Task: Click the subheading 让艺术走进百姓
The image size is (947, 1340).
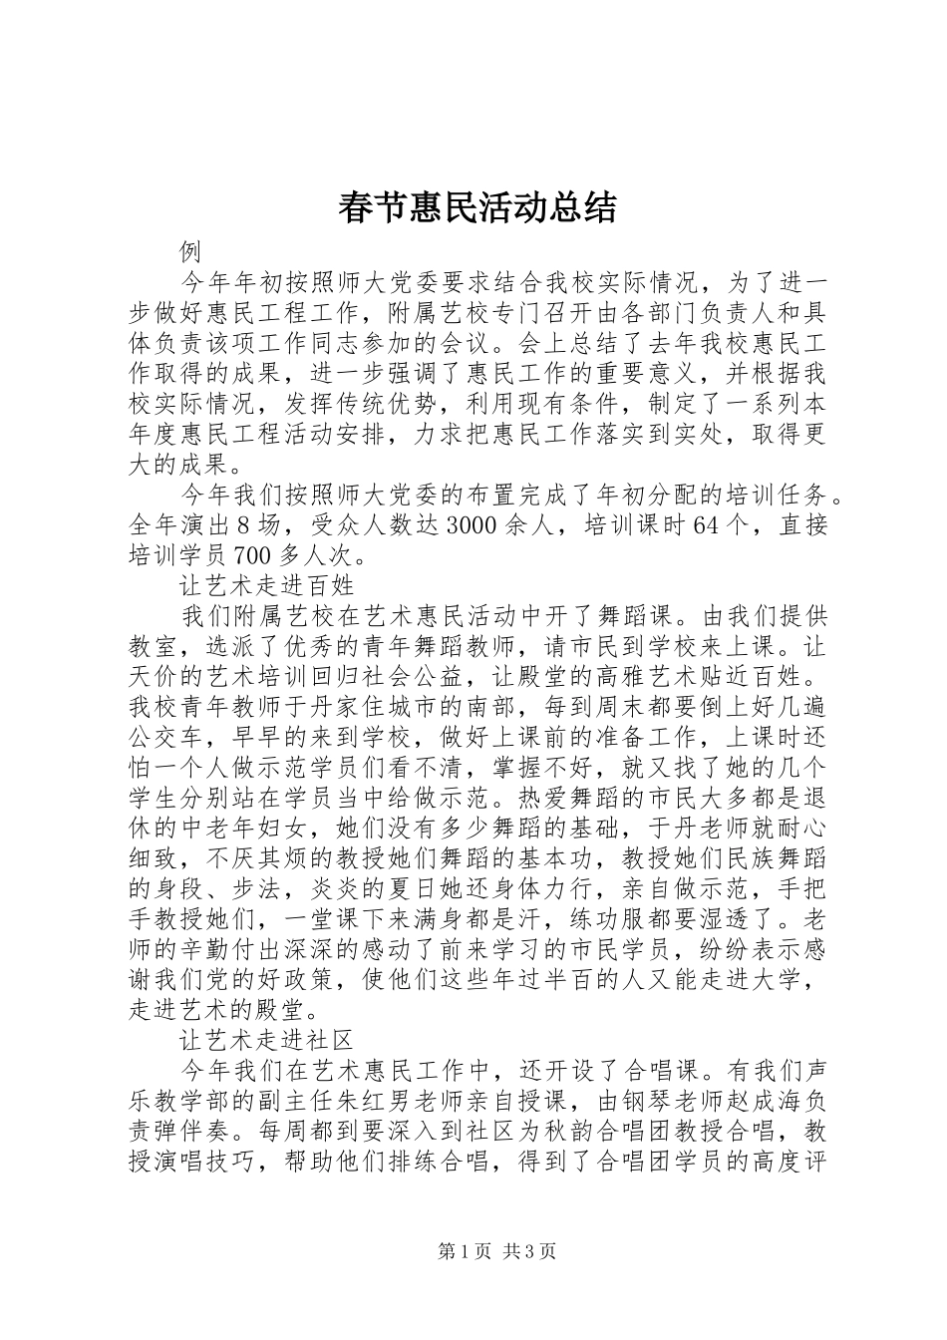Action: (x=267, y=582)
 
